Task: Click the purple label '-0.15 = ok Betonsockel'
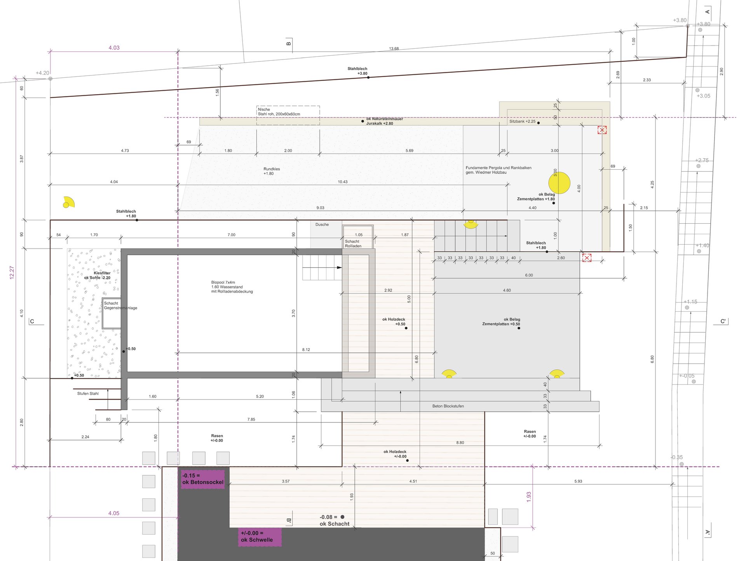203,479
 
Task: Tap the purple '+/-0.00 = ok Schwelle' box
260,536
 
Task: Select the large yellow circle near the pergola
559,183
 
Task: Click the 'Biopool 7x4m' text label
223,282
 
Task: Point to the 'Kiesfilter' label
102,273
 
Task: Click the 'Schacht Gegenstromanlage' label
120,305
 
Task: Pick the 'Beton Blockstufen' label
448,406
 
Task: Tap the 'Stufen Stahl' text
88,394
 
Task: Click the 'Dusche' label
322,224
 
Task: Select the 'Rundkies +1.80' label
272,171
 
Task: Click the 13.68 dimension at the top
394,49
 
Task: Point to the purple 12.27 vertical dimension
12,272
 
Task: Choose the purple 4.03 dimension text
114,47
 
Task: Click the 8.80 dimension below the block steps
460,443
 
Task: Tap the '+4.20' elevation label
42,73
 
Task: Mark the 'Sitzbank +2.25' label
522,121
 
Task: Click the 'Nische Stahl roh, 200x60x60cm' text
279,112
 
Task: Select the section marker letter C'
723,321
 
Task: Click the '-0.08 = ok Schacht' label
334,521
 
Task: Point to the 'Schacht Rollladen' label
353,244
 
